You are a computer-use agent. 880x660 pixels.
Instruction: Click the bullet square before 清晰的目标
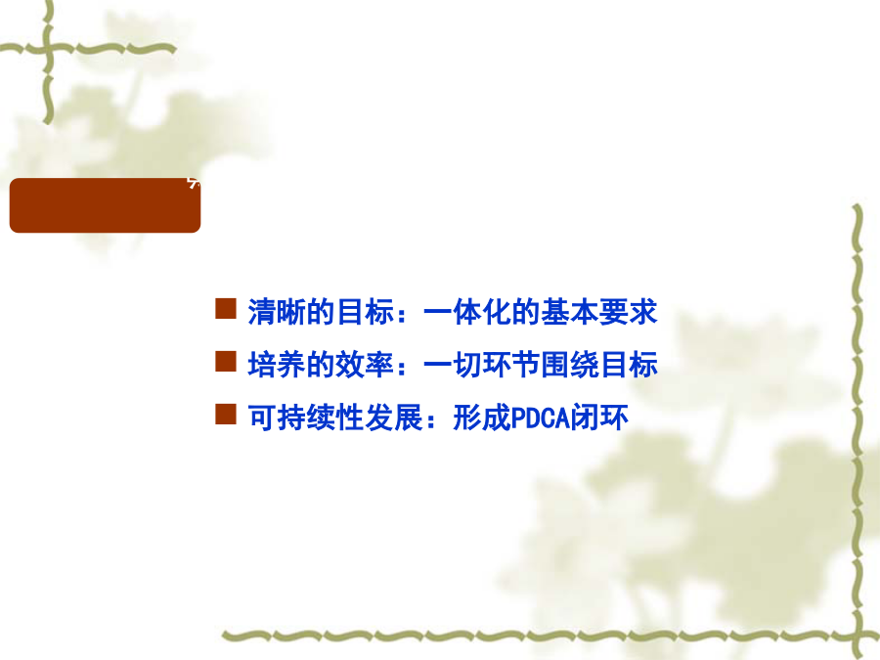(x=226, y=309)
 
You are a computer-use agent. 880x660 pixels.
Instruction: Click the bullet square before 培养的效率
(x=226, y=362)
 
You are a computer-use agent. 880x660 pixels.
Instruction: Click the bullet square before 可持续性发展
(x=226, y=415)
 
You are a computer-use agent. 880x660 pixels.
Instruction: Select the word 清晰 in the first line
(x=277, y=312)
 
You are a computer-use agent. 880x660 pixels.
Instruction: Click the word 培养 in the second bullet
(x=277, y=365)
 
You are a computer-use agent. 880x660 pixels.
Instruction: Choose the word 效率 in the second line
(x=365, y=365)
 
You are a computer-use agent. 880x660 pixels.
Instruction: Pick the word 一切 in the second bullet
(x=453, y=365)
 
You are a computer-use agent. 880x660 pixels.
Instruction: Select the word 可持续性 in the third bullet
(x=306, y=418)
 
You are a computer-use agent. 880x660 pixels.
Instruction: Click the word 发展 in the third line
(x=393, y=418)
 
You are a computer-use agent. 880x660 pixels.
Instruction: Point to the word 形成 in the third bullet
(x=481, y=418)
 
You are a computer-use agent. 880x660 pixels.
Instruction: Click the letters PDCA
(x=540, y=418)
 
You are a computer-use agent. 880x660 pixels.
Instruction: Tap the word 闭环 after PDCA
(x=598, y=418)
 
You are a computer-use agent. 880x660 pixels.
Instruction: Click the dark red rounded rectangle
(x=105, y=205)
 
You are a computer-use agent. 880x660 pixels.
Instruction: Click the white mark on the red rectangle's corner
(x=194, y=183)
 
